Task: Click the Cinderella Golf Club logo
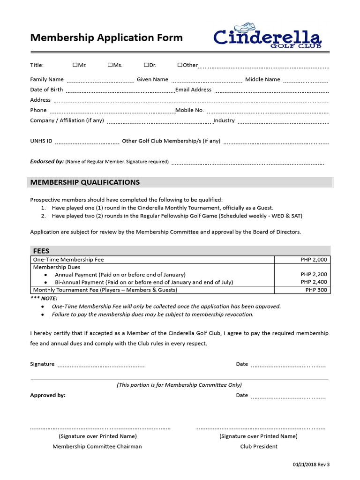click(x=267, y=37)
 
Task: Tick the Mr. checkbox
click(x=75, y=65)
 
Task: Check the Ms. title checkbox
click(x=110, y=65)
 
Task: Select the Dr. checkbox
click(x=146, y=65)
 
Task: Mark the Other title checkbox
click(x=180, y=65)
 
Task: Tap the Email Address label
click(x=193, y=90)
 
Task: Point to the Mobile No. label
click(x=189, y=110)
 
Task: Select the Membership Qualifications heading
click(x=85, y=182)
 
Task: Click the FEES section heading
click(x=41, y=251)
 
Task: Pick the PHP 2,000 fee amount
click(x=314, y=260)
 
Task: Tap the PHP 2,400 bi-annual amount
click(x=314, y=282)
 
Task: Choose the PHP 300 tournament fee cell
click(x=316, y=290)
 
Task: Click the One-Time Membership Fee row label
click(x=68, y=260)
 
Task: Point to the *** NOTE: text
click(x=44, y=298)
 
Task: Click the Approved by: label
click(x=48, y=395)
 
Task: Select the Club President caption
click(x=259, y=446)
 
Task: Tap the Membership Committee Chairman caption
click(x=97, y=446)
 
